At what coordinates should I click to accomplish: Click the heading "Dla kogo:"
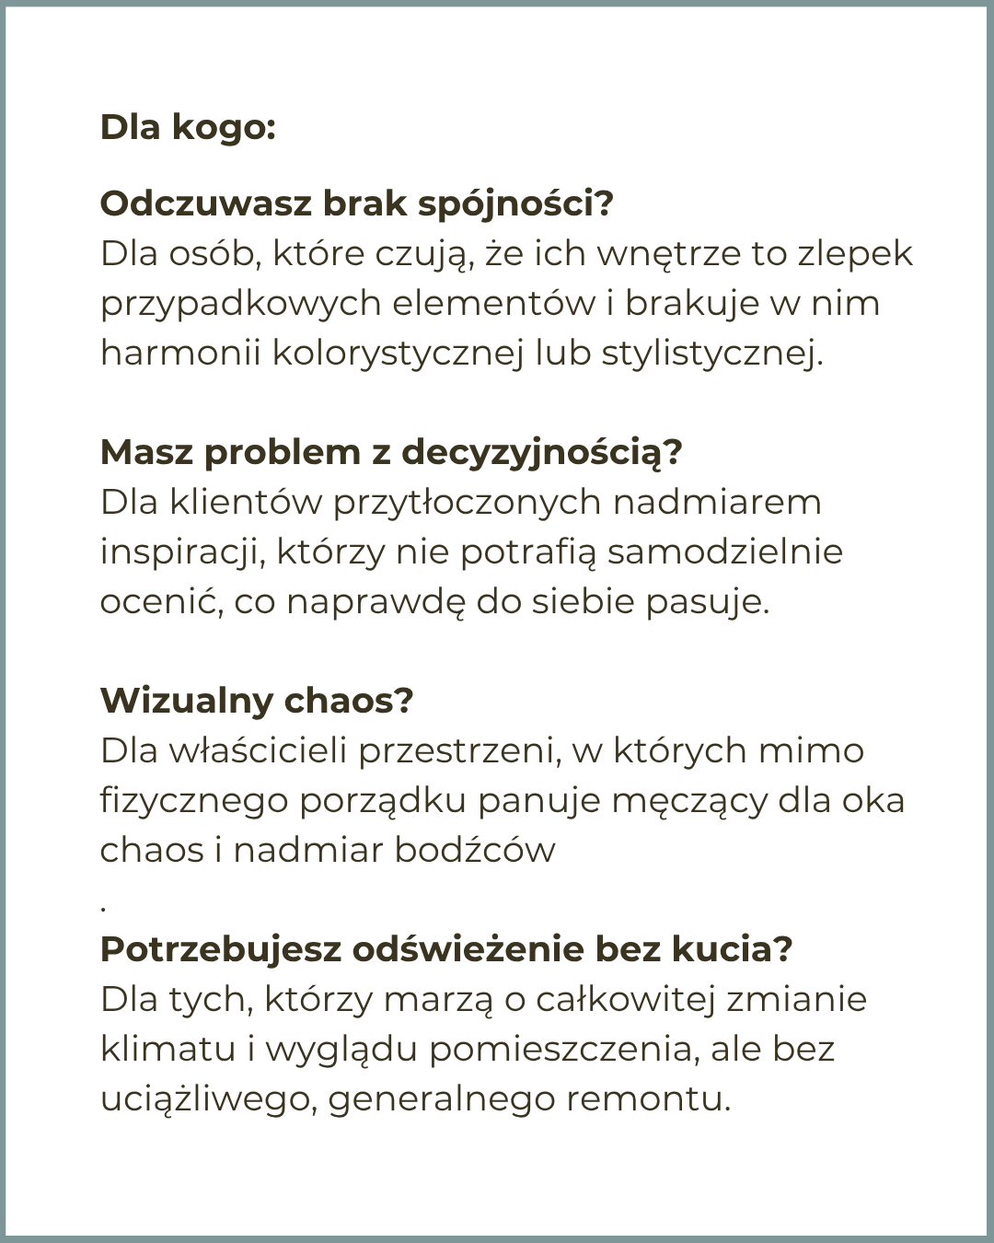(x=188, y=127)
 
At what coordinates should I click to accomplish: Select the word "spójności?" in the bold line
(x=515, y=203)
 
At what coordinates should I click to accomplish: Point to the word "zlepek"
(x=855, y=253)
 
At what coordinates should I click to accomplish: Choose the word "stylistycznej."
(x=712, y=353)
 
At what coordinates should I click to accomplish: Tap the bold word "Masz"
(x=146, y=452)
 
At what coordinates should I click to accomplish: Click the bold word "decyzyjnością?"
(x=542, y=452)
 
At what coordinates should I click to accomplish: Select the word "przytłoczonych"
(x=467, y=503)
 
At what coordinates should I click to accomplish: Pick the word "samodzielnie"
(x=724, y=552)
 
